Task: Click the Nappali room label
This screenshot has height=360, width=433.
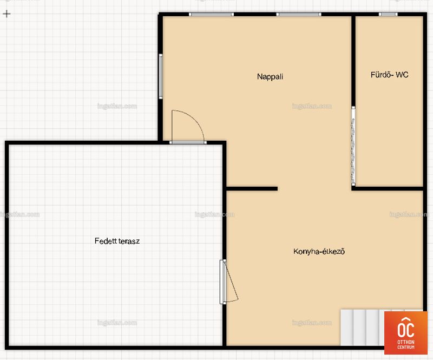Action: tap(270, 76)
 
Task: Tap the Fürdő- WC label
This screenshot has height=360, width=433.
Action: tap(389, 75)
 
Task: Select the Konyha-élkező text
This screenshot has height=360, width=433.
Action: tap(319, 251)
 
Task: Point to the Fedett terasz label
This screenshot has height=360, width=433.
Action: tap(117, 241)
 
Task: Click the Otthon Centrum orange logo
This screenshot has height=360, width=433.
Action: tap(405, 333)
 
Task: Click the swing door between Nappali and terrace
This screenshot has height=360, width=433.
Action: tap(188, 127)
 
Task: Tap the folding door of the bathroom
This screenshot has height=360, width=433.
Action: tap(353, 146)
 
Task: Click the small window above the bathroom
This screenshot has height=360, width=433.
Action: tap(388, 15)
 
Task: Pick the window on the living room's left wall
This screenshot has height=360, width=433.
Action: tap(161, 76)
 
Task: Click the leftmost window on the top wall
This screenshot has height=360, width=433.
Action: tap(211, 15)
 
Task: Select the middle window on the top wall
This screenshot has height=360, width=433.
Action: tap(299, 15)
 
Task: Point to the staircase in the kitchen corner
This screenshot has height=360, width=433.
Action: tap(362, 328)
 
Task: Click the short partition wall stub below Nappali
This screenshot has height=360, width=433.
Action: tap(252, 189)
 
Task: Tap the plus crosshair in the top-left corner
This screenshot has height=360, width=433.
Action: tap(6, 14)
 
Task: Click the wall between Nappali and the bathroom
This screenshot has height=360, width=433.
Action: tap(353, 61)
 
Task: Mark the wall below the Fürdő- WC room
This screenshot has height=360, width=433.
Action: tap(388, 189)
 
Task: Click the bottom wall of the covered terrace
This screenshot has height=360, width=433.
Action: tap(115, 348)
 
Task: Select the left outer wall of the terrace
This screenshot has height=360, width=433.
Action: tap(7, 245)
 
